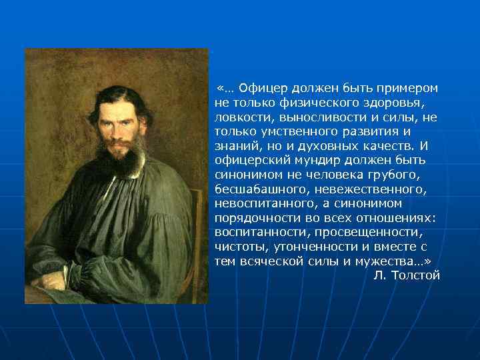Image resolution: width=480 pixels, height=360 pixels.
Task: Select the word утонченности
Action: (x=307, y=247)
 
